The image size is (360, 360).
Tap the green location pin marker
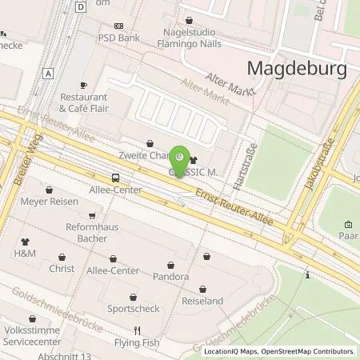point(181,158)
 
